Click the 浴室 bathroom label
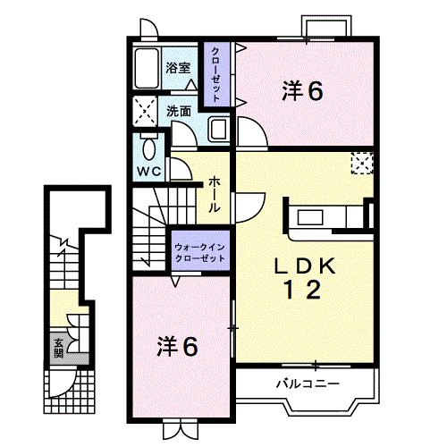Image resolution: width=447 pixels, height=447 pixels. [x=178, y=66]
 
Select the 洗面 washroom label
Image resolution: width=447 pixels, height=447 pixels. [x=178, y=111]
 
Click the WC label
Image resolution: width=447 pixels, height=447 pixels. [x=148, y=170]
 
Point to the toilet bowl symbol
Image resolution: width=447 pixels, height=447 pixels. [x=148, y=147]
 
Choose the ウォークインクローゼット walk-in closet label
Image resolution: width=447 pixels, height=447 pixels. [x=198, y=249]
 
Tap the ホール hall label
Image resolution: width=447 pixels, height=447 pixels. [x=215, y=193]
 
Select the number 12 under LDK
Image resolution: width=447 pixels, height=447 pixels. [x=302, y=290]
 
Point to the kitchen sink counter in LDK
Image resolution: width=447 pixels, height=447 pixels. [x=316, y=217]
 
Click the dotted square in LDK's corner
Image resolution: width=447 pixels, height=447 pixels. [x=361, y=164]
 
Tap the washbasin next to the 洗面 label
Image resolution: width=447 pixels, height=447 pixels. [x=218, y=131]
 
